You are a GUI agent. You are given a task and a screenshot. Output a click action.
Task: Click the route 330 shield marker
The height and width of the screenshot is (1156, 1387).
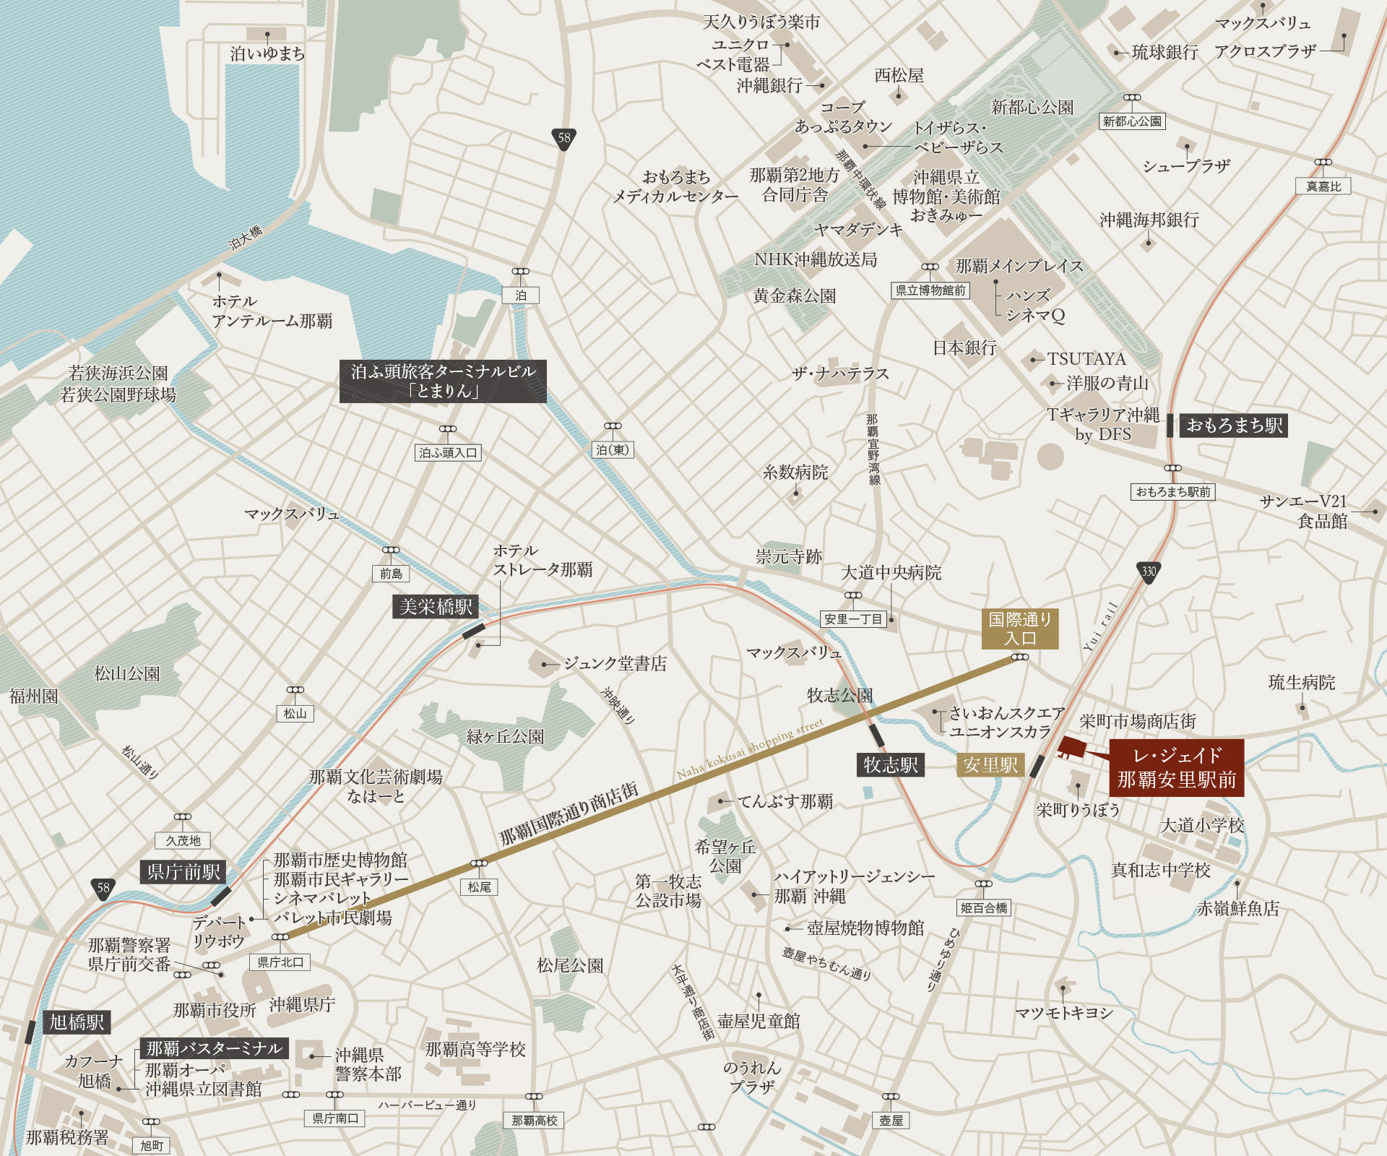(x=1149, y=571)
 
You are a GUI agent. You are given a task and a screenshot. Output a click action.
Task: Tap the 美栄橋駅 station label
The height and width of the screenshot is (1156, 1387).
(x=436, y=607)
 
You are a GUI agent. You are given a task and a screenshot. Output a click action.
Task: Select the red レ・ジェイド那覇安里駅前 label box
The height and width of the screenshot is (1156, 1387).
(x=1176, y=767)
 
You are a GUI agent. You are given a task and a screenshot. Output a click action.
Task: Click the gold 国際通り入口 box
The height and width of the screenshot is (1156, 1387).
(x=1019, y=629)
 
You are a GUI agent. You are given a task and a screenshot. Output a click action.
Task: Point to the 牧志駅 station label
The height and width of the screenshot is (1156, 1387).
(x=891, y=765)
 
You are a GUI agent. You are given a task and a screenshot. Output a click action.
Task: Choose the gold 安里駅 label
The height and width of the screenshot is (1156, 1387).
(x=990, y=765)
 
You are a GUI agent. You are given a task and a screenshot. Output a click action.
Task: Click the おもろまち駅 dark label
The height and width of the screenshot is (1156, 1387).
(x=1234, y=426)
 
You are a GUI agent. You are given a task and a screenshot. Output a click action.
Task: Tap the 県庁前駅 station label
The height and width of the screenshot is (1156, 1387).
(x=183, y=872)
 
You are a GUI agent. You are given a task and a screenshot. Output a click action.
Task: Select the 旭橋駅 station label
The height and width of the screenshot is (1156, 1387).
(x=77, y=1022)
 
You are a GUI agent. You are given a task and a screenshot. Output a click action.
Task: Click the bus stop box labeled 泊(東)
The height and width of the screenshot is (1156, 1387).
(x=613, y=450)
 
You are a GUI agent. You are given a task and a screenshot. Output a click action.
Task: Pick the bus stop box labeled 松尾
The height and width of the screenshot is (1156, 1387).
(x=479, y=887)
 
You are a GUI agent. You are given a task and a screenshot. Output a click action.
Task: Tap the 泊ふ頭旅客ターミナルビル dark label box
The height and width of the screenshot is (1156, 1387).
(x=443, y=381)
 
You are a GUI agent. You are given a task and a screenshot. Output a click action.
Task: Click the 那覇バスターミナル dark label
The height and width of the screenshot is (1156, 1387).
(x=214, y=1048)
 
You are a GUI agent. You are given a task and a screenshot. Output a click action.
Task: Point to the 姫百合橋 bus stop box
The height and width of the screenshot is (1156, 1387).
(x=984, y=908)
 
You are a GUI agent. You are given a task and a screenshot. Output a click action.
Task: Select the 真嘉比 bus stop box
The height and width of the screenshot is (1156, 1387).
(x=1323, y=186)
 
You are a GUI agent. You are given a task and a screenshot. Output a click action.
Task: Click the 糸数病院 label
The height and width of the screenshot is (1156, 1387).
(x=795, y=473)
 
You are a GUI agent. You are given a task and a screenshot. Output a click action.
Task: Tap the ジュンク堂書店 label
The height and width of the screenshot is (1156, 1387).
(x=615, y=663)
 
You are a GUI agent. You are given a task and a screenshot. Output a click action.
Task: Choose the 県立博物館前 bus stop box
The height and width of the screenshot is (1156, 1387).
(x=930, y=290)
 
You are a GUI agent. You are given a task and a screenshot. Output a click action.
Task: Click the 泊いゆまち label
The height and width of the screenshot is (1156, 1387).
(x=267, y=53)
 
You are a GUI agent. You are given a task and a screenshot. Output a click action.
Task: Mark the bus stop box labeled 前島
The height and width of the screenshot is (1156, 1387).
(x=391, y=574)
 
